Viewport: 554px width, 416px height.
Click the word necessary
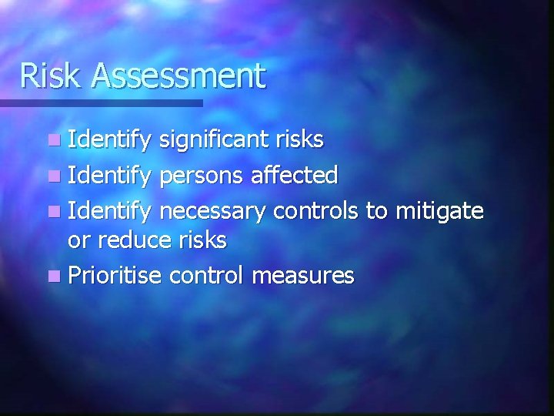coord(214,210)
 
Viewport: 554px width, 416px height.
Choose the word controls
coord(317,210)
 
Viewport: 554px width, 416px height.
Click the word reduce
coord(135,240)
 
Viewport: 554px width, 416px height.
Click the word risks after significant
coord(298,140)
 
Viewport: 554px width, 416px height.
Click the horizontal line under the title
coord(100,102)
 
